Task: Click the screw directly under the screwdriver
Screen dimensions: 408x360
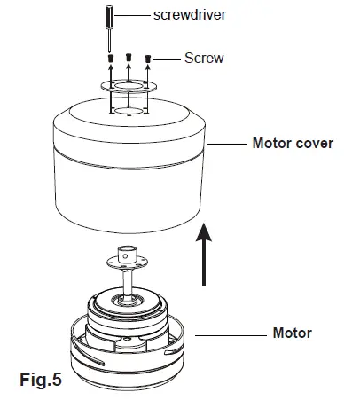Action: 109,59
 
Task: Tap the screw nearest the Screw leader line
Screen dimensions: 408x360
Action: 147,60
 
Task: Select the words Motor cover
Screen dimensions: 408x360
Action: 293,143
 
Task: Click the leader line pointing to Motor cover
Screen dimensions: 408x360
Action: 226,143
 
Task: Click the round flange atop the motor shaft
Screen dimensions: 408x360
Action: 129,263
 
